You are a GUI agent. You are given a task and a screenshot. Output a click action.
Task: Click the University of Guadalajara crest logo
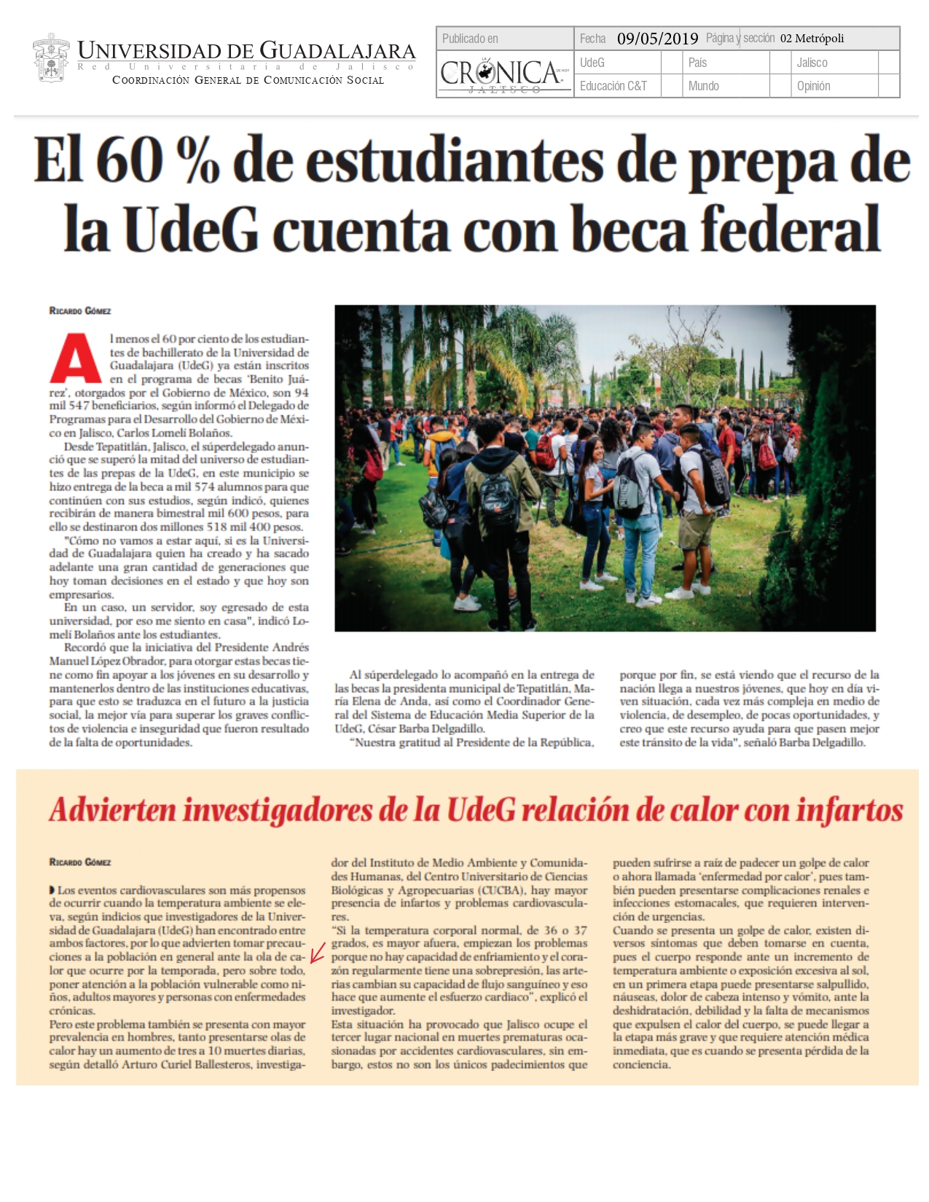click(51, 58)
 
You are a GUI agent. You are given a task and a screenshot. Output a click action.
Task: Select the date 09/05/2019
click(657, 39)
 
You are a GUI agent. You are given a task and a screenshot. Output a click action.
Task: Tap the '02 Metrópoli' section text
click(812, 39)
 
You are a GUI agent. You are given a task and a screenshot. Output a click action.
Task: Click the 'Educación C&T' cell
click(613, 86)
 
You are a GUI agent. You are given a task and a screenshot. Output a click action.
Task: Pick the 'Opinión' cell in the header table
click(813, 86)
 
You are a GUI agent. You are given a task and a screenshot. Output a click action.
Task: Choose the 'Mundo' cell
click(703, 86)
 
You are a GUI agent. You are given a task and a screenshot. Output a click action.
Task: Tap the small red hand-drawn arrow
click(317, 953)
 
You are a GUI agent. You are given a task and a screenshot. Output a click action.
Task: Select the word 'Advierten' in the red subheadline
click(113, 810)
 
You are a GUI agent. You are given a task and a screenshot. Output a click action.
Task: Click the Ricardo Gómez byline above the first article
click(80, 311)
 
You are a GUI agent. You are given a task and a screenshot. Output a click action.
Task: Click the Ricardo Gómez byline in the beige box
click(80, 863)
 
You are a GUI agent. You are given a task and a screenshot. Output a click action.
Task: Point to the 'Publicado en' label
click(470, 39)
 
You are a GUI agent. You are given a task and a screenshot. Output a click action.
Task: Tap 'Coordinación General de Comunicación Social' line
click(248, 80)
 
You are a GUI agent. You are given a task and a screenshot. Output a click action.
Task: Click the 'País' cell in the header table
click(697, 63)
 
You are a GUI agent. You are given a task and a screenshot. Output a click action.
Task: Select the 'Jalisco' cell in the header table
click(812, 63)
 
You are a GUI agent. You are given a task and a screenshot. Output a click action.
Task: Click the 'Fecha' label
click(592, 39)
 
